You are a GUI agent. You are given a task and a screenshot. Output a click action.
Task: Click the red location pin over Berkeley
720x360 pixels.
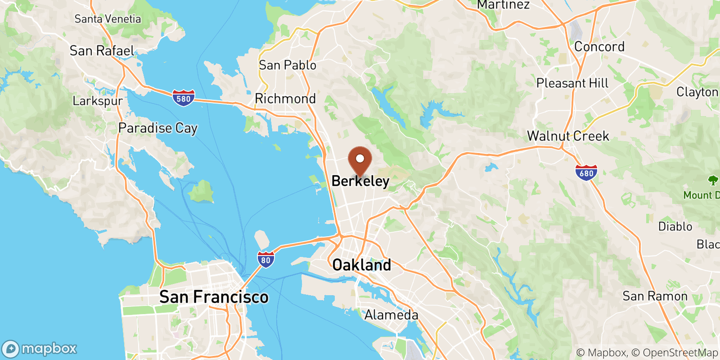pos(360,161)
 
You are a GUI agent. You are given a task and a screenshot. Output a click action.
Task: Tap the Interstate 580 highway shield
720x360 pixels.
pos(184,98)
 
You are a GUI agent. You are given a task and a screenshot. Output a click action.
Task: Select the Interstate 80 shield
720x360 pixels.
pos(266,260)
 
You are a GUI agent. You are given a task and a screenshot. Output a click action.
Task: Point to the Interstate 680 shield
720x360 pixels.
pos(586,173)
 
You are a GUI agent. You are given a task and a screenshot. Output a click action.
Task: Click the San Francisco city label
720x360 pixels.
pos(214,297)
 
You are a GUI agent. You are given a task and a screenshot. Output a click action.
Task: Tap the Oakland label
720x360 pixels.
pos(361,265)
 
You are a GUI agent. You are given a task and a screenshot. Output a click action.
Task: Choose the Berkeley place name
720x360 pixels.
pos(360,181)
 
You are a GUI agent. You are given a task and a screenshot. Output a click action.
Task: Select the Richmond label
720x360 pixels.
pos(285,99)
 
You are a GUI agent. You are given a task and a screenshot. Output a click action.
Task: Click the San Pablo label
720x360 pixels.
pos(288,65)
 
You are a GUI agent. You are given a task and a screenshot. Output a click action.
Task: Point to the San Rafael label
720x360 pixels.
pos(102,51)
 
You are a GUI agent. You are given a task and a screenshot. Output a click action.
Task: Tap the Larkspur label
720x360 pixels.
pos(98,101)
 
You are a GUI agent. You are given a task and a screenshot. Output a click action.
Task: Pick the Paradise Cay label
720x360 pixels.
pos(158,128)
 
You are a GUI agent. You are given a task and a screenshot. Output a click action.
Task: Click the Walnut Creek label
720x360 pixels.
pos(568,136)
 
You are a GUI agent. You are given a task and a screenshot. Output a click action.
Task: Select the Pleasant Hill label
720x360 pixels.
pos(572,83)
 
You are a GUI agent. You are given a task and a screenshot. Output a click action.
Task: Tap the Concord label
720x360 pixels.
pos(599,47)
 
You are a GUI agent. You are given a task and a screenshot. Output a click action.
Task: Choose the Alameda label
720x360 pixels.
pos(391,315)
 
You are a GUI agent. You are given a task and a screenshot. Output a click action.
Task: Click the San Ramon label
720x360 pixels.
pos(655,296)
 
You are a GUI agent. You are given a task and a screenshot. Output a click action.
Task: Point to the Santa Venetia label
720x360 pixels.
pos(108,19)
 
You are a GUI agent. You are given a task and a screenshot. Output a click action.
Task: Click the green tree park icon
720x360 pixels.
pos(713,180)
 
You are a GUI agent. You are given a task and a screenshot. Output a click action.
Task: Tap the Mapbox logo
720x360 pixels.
pos(40,349)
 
